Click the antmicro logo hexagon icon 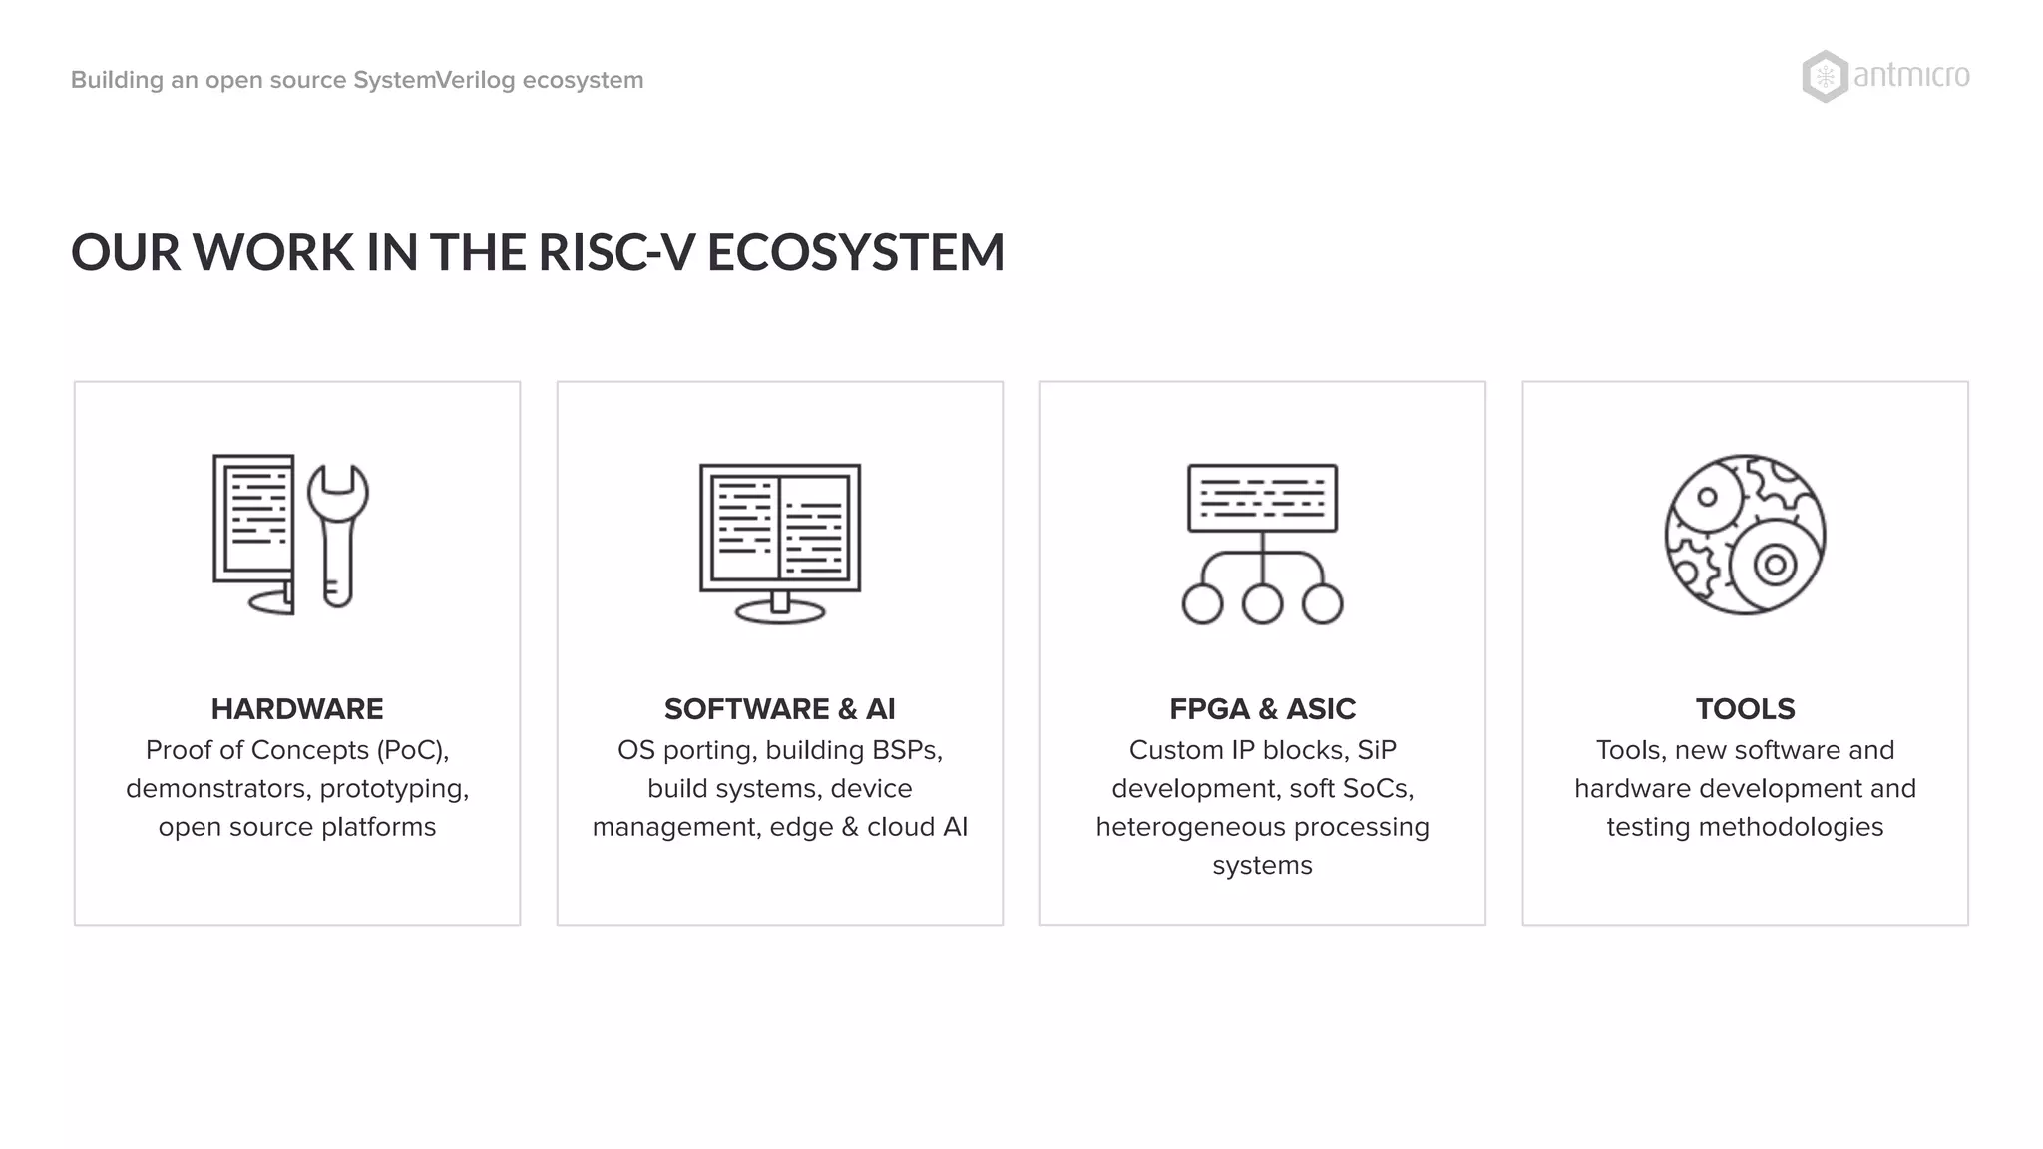pos(1825,77)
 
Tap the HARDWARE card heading pos(297,709)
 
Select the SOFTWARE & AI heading pos(779,709)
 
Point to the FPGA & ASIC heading pos(1262,709)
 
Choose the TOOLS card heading pos(1745,709)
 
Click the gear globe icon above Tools pos(1745,535)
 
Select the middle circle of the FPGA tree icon pos(1262,604)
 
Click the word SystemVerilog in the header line pos(434,80)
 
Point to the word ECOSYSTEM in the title pos(856,252)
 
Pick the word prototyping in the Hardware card pos(394,789)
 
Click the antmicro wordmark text pos(1911,77)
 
